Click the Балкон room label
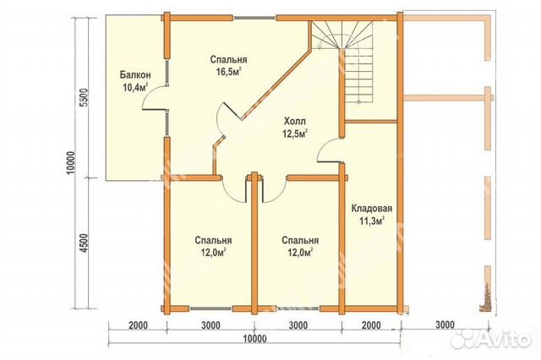(x=135, y=75)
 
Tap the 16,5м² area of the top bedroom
(x=228, y=73)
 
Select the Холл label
(x=295, y=122)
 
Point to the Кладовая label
(x=372, y=209)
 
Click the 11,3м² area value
(x=372, y=221)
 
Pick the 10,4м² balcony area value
(x=135, y=87)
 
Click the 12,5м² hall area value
(x=295, y=134)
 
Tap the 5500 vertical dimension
(x=85, y=98)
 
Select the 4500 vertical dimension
(x=85, y=243)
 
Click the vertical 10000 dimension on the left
(x=70, y=163)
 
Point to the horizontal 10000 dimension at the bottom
(x=254, y=339)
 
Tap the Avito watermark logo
(x=491, y=339)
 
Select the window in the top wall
(x=255, y=18)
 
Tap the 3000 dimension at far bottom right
(x=445, y=325)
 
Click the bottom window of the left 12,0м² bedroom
(x=210, y=308)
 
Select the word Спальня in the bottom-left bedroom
(x=213, y=240)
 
